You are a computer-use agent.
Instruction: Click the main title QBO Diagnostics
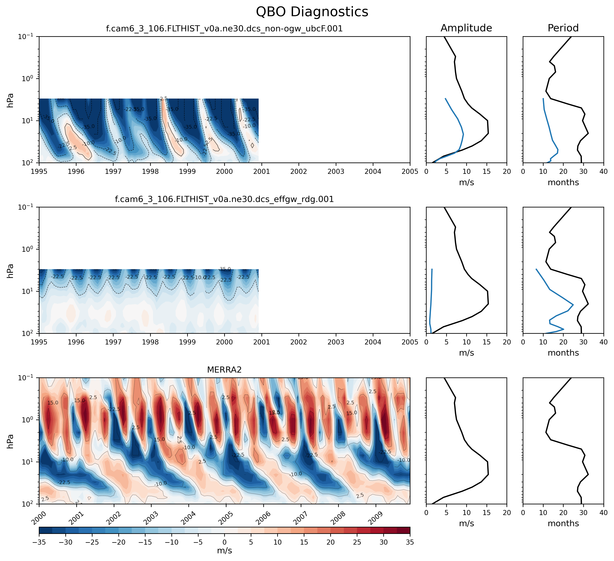pos(312,12)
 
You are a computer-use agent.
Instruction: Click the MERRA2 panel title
pos(224,370)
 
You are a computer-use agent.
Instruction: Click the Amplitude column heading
pos(466,28)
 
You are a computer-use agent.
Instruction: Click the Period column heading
pos(563,28)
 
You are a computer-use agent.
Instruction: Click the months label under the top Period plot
pos(563,182)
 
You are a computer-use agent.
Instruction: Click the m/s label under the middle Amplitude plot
pos(466,353)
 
